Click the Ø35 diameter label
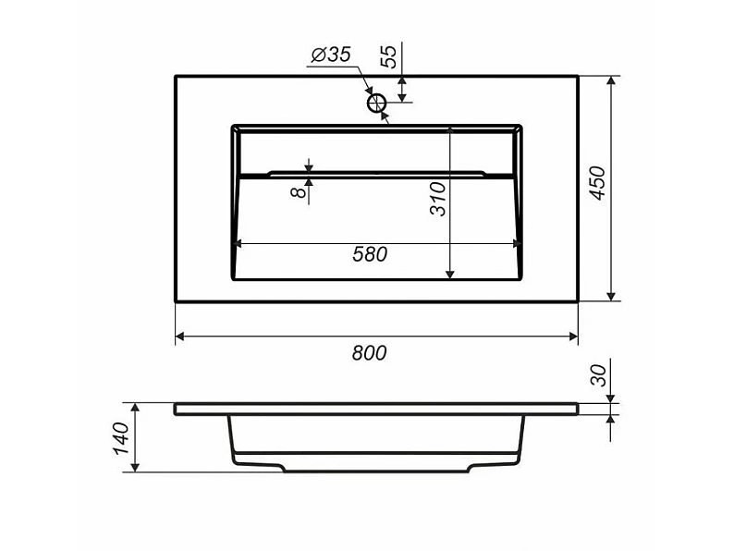(331, 55)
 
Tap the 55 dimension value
(388, 56)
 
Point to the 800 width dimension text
(370, 353)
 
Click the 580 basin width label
(370, 254)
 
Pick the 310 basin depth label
(438, 199)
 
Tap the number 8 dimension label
(299, 191)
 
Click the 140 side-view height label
(121, 438)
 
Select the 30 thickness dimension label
(598, 375)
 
